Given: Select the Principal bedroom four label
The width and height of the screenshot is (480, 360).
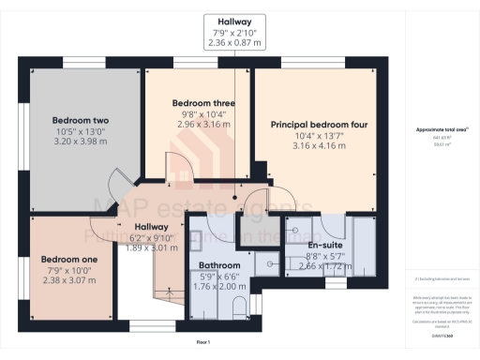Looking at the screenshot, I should coord(319,124).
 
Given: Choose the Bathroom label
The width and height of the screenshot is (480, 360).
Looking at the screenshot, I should coord(218,265).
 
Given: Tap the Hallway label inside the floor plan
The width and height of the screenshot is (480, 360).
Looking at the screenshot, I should coord(150,227).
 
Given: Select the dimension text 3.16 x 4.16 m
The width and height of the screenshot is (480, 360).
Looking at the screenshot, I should coord(319,146).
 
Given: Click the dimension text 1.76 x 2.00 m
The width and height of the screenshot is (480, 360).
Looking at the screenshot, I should coord(218,287).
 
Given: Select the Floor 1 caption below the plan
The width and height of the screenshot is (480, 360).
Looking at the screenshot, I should coord(202,344).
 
